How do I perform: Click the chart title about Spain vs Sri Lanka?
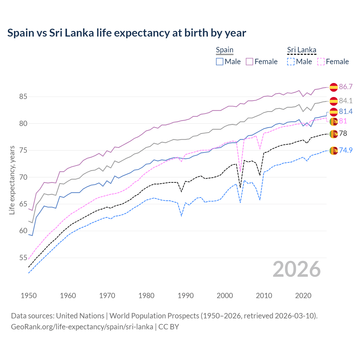point(127,33)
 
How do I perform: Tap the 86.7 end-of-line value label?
point(346,87)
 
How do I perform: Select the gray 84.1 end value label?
point(346,101)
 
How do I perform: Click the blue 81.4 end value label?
point(346,111)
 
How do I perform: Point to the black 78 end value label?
point(343,133)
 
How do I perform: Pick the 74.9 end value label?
point(346,150)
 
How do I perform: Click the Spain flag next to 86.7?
point(334,87)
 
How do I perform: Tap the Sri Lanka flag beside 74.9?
point(334,150)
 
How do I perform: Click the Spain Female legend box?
point(249,62)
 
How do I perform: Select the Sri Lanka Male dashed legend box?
point(291,62)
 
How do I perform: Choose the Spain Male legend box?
point(220,62)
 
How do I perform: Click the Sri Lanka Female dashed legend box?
point(321,62)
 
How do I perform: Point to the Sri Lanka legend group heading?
point(301,50)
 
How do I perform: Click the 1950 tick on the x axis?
point(29,296)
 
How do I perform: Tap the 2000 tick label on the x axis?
point(225,296)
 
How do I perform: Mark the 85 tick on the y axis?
point(23,97)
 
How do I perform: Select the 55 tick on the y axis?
point(23,258)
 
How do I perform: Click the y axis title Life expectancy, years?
point(12,180)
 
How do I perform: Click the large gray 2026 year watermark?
point(297,269)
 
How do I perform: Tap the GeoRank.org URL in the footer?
point(82,327)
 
